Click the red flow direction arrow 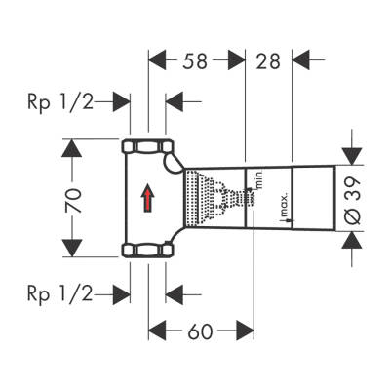coord(148,198)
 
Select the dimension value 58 coord(195,61)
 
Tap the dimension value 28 coord(268,61)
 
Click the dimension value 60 coord(200,331)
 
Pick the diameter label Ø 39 coord(353,201)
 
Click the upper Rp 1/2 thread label coord(60,102)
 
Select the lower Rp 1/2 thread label coord(60,293)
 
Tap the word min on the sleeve coord(259,179)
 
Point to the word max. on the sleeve coord(285,206)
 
